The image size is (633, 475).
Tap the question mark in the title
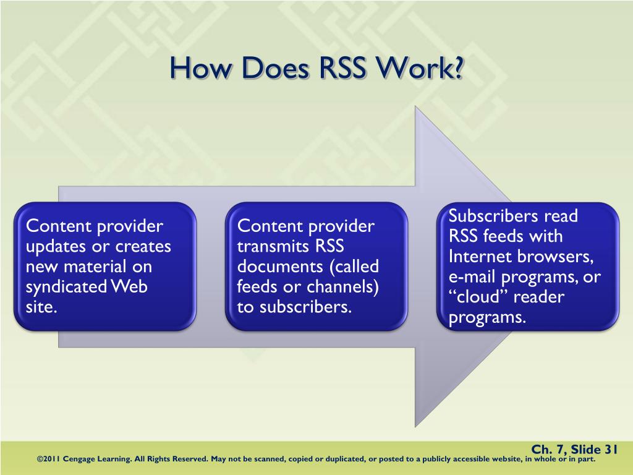[457, 68]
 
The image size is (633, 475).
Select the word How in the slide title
[198, 68]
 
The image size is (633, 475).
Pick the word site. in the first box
[41, 307]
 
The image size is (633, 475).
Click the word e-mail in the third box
[472, 277]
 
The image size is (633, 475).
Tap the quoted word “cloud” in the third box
[477, 297]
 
